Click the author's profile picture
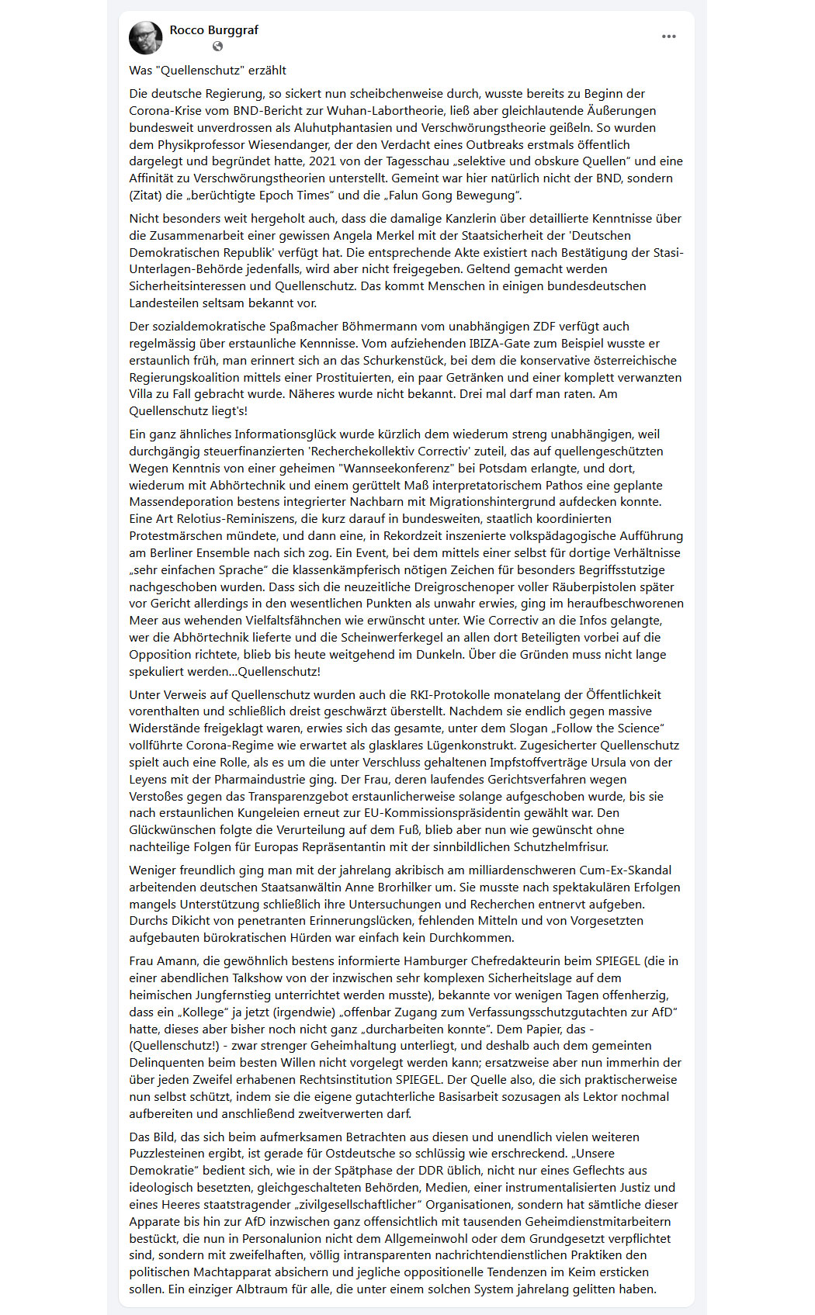click(146, 38)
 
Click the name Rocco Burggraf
click(213, 30)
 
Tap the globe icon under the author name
click(218, 47)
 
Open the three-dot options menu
click(668, 36)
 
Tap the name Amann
click(176, 961)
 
